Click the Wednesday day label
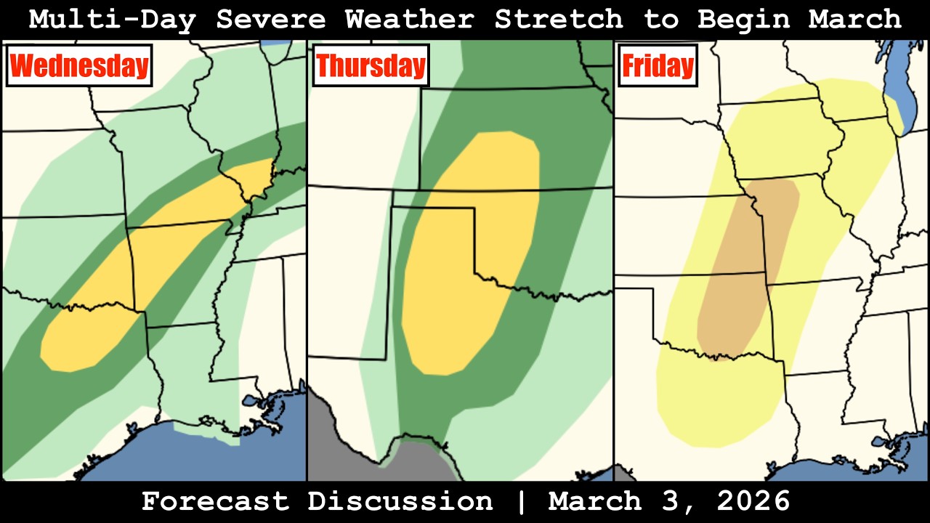tap(79, 66)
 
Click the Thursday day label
tap(371, 66)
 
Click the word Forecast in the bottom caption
tap(215, 501)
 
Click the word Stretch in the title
tap(559, 20)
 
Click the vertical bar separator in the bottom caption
tap(520, 501)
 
